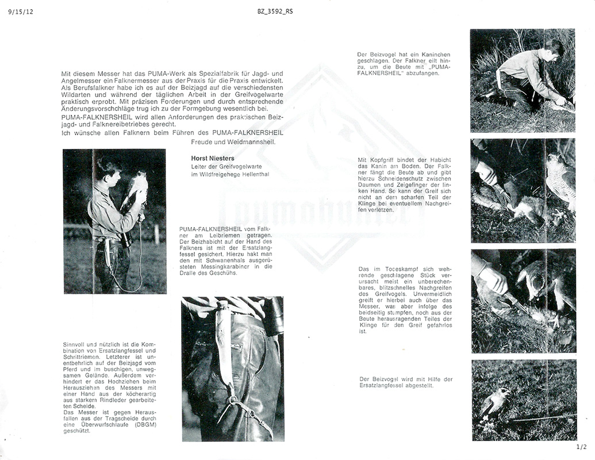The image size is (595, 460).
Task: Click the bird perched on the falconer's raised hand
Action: (137, 183)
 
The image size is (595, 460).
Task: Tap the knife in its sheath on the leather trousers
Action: (222, 345)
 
